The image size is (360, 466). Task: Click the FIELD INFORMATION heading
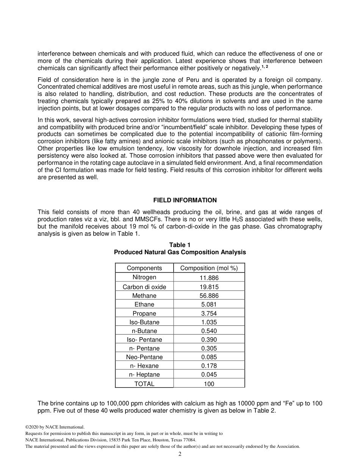(x=185, y=200)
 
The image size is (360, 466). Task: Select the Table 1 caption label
(x=180, y=245)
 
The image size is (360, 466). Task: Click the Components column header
(x=144, y=268)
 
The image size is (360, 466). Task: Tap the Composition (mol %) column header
(x=209, y=268)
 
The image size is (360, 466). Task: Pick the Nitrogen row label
(x=144, y=277)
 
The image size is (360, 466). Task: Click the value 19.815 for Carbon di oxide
(x=209, y=287)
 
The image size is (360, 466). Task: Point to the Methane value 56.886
(x=209, y=296)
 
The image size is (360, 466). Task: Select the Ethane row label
(x=144, y=304)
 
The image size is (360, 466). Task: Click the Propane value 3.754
(x=209, y=313)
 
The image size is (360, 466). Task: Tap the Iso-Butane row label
(x=144, y=322)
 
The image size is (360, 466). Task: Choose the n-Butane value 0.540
(x=209, y=331)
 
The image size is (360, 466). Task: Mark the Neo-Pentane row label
(x=144, y=357)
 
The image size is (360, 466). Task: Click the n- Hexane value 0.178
(x=209, y=366)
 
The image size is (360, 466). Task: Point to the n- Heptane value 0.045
(x=209, y=374)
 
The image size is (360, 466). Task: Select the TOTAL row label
(x=144, y=384)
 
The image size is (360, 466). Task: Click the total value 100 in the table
(x=209, y=384)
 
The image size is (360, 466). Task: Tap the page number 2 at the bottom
(x=180, y=454)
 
